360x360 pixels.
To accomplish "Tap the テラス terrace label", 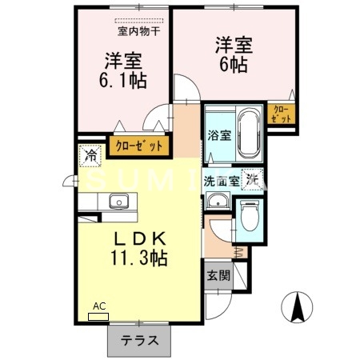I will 138,340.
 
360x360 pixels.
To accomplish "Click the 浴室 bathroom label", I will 218,135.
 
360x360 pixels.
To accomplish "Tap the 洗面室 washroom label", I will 221,180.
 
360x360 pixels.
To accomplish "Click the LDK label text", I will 138,238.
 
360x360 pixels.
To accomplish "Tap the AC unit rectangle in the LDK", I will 98,316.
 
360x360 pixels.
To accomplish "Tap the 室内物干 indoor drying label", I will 138,32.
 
